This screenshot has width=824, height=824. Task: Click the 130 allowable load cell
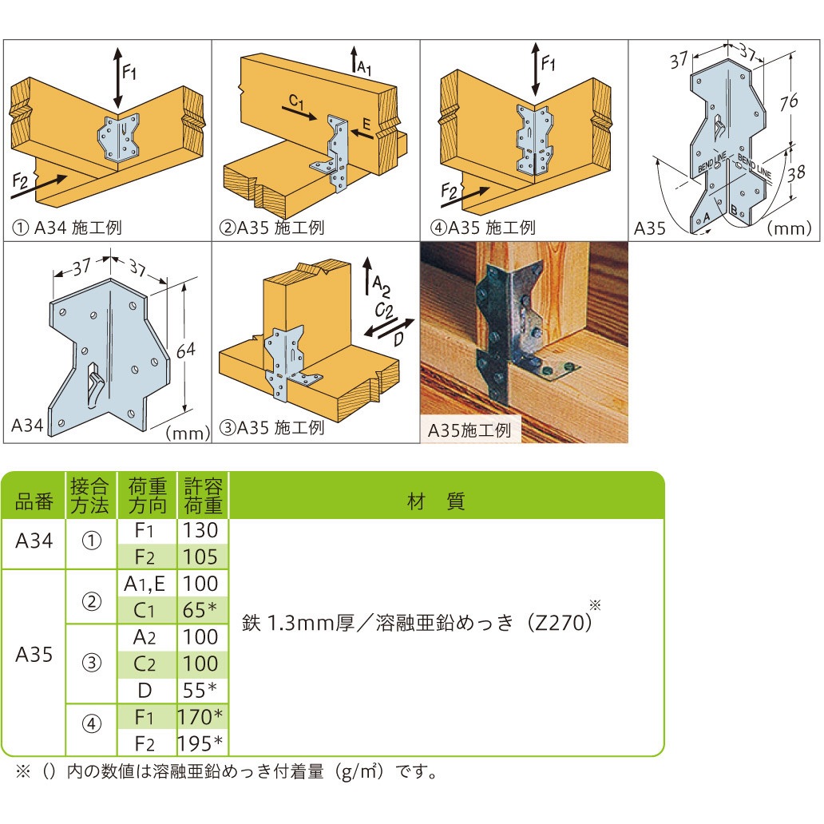point(200,530)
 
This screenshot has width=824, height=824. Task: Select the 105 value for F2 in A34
point(200,557)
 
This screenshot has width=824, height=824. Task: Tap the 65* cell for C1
point(200,610)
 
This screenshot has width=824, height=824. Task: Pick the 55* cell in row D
point(200,690)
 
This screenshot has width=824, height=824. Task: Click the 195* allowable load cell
point(200,743)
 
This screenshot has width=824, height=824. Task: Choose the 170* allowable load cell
point(200,717)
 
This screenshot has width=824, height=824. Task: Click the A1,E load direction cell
point(145,584)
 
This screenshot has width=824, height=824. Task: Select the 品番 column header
point(34,502)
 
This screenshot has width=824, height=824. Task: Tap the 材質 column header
point(436,501)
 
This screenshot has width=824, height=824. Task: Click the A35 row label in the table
point(34,655)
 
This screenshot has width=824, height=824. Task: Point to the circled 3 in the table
point(92,664)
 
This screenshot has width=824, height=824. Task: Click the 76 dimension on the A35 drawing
point(788,101)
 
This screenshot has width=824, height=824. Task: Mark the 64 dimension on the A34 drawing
point(186,351)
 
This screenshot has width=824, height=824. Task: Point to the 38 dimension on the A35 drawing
point(795,173)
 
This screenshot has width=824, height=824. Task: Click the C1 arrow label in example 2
point(296,101)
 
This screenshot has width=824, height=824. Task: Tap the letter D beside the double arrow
point(398,339)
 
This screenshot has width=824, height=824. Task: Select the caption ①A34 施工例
point(67,228)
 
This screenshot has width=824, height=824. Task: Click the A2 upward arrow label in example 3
point(381,287)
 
